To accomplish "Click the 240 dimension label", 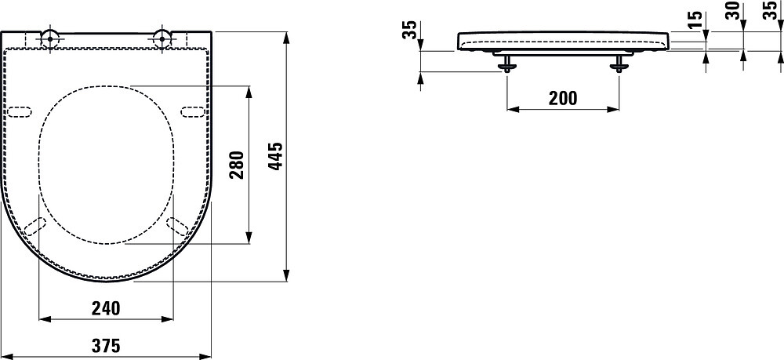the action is (106, 308).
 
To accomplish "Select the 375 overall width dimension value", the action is (106, 345).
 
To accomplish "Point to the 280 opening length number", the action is (237, 165).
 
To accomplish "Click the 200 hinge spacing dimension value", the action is (563, 99).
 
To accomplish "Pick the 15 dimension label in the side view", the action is (695, 21).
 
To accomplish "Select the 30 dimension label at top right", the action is (733, 11).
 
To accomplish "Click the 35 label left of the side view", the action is (410, 31).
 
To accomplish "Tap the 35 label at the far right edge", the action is (771, 11).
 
